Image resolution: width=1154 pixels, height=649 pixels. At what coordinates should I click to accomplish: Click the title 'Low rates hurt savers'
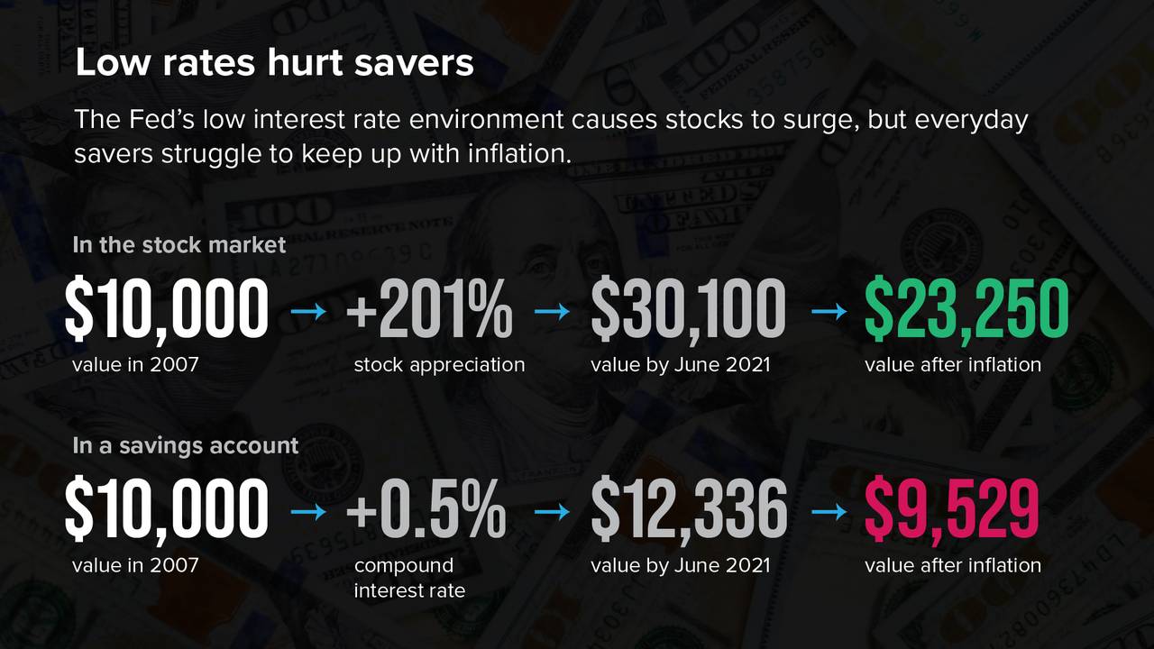click(274, 63)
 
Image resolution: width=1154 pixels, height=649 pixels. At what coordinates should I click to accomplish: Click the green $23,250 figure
click(966, 311)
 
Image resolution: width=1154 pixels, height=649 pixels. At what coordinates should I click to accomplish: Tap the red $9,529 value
click(951, 511)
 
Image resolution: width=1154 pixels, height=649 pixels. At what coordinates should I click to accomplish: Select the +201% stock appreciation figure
click(430, 309)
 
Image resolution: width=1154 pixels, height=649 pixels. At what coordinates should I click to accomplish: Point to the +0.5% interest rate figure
click(426, 509)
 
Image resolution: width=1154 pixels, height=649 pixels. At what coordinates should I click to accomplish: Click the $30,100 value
click(688, 311)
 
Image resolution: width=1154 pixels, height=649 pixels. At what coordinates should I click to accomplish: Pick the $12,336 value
click(690, 511)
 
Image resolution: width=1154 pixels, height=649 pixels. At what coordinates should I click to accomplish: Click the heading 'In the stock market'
click(179, 244)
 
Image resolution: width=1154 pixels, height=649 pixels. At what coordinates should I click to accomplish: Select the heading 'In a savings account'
click(186, 446)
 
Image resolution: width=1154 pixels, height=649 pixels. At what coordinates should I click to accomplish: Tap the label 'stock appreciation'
click(439, 365)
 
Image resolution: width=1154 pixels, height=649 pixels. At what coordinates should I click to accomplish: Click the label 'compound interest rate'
click(409, 578)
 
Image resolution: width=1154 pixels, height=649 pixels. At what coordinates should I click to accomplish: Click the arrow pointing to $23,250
click(829, 311)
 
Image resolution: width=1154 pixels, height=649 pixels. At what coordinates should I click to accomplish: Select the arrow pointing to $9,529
click(829, 512)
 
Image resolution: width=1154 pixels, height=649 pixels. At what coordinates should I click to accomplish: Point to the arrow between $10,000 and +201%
click(308, 311)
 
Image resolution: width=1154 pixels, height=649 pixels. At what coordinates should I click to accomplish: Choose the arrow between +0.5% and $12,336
click(553, 512)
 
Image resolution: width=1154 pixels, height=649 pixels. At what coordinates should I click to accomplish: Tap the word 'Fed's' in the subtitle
click(160, 119)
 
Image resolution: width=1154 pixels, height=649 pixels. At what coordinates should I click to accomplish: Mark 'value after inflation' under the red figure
click(953, 565)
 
